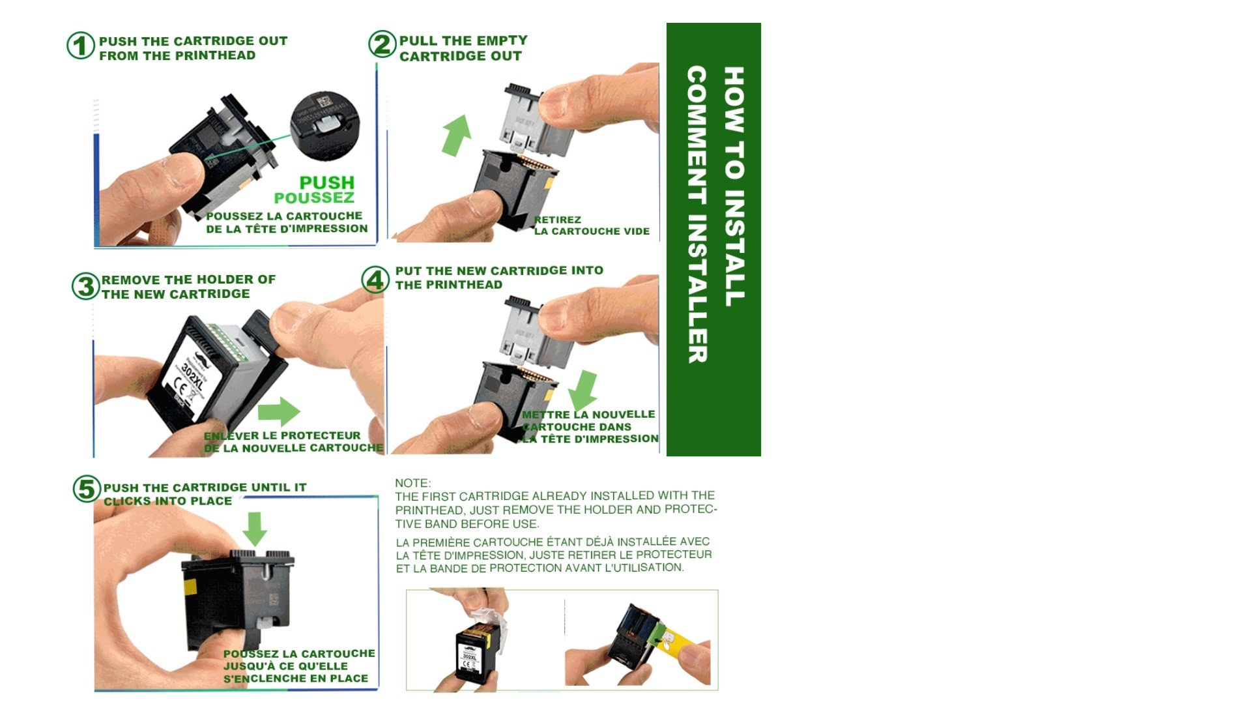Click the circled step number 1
coord(81,46)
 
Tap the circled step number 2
coord(382,44)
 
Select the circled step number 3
coord(85,286)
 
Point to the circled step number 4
coord(375,280)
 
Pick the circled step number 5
coord(87,489)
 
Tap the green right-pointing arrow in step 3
coord(279,411)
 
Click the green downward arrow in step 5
coord(255,529)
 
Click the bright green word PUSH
coord(327,183)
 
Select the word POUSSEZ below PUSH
coord(314,198)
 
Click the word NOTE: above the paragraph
coord(413,483)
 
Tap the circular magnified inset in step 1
coord(324,126)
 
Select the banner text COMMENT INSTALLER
coord(697,214)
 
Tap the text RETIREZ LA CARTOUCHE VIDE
coord(592,226)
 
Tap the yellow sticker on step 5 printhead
coord(190,588)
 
